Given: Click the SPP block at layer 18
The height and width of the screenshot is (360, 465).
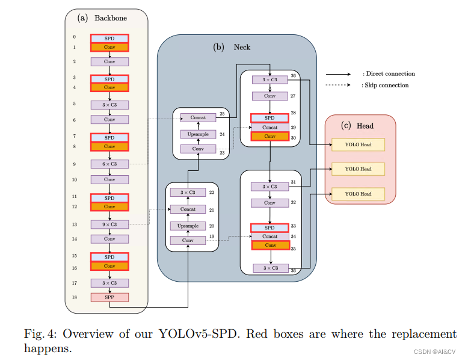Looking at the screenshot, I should tap(109, 297).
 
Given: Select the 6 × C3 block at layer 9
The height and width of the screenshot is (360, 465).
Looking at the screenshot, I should tap(109, 164).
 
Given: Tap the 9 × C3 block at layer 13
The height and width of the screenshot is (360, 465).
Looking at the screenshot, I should tap(109, 224).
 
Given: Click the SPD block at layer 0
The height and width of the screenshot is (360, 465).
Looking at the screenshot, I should tap(109, 37).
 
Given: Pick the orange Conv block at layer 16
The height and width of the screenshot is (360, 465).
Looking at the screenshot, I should tap(109, 265).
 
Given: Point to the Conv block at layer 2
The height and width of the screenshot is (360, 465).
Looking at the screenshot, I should tap(109, 61).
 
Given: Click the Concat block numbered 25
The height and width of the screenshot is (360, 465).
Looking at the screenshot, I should tap(199, 117).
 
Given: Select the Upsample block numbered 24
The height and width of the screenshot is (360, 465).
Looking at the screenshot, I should tap(199, 134).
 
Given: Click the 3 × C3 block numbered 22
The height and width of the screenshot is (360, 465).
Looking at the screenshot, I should tap(188, 192).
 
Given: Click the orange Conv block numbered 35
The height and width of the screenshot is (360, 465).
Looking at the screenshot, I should tap(269, 245).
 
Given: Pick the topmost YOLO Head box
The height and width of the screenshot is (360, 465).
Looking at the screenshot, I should tap(358, 144).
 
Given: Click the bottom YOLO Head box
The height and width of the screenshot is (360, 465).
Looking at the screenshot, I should tap(358, 194).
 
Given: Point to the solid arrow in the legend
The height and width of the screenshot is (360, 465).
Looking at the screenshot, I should tap(338, 74).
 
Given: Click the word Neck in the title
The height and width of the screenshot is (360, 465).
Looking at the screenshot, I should tap(242, 47).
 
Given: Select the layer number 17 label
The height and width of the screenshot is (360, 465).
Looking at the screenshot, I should tap(73, 282).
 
